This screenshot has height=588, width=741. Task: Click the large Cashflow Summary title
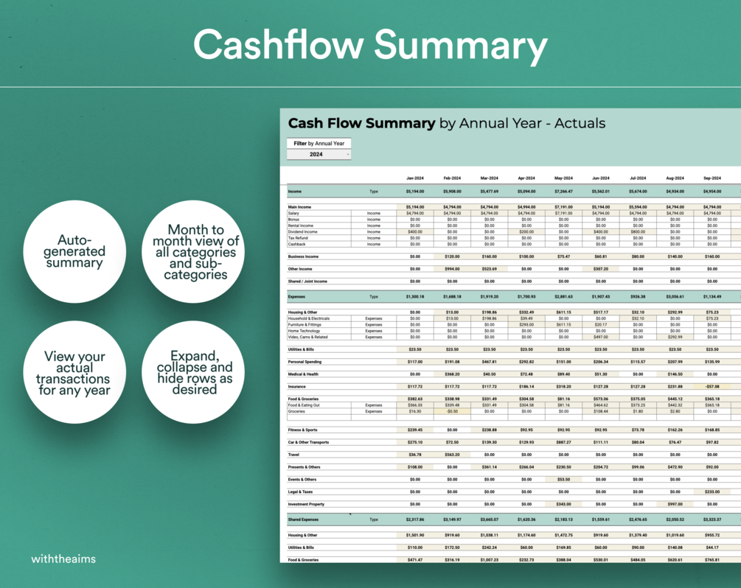tap(370, 45)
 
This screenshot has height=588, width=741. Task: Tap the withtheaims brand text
tap(63, 559)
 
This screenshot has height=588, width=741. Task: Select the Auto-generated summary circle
tap(74, 251)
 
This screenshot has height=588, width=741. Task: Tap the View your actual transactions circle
tap(74, 373)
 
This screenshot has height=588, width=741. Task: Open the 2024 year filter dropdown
tap(319, 155)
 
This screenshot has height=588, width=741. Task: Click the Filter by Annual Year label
tap(319, 144)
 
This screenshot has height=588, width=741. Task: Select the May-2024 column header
tap(563, 178)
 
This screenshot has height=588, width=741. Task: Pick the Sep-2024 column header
tap(712, 178)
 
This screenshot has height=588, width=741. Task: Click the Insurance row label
tap(298, 386)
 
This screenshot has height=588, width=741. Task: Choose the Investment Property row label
tap(306, 504)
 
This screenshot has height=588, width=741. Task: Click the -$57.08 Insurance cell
tap(712, 386)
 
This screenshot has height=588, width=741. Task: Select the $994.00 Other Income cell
tap(452, 269)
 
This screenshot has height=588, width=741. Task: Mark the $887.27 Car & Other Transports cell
tap(563, 442)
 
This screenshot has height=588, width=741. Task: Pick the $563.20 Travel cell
tap(452, 455)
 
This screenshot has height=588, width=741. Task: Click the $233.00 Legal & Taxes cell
tap(712, 491)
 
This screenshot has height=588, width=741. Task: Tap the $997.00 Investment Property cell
tap(675, 504)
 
